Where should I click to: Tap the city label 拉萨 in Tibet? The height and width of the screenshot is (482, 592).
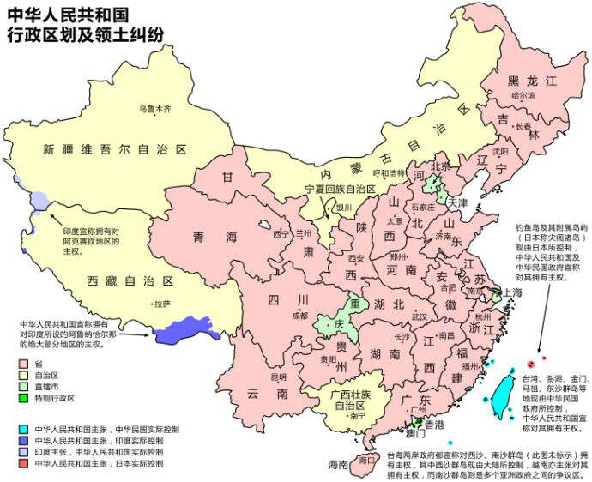[x=161, y=304]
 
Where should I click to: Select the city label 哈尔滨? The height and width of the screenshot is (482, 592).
[x=523, y=96]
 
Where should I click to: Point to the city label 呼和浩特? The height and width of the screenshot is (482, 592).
[x=390, y=172]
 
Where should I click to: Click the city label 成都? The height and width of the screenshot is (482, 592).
[x=299, y=315]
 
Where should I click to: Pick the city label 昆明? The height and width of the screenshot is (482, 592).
[x=279, y=377]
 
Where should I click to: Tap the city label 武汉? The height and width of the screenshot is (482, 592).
[x=419, y=316]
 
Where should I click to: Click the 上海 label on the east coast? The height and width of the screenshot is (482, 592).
[x=512, y=292]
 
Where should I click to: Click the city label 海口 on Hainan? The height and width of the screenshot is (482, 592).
[x=368, y=459]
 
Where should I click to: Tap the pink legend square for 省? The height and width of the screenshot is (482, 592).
[x=24, y=363]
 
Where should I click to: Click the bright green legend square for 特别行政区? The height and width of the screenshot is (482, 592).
[x=24, y=398]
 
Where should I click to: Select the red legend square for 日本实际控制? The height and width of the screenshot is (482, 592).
[x=24, y=463]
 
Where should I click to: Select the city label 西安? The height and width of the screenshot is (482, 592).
[x=356, y=257]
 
